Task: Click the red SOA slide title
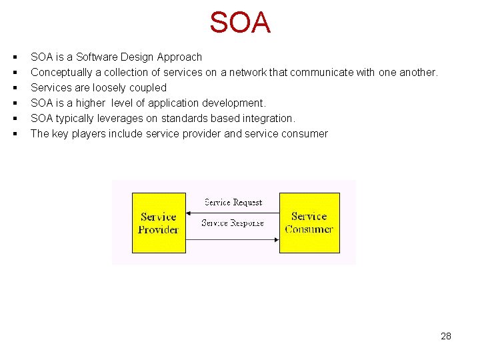pos(240,23)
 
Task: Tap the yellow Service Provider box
pos(159,223)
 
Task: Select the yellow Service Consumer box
pos(309,223)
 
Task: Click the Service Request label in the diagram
pos(233,202)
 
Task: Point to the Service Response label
pos(233,223)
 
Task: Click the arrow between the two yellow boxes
pos(232,213)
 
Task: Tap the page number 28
pos(446,336)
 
